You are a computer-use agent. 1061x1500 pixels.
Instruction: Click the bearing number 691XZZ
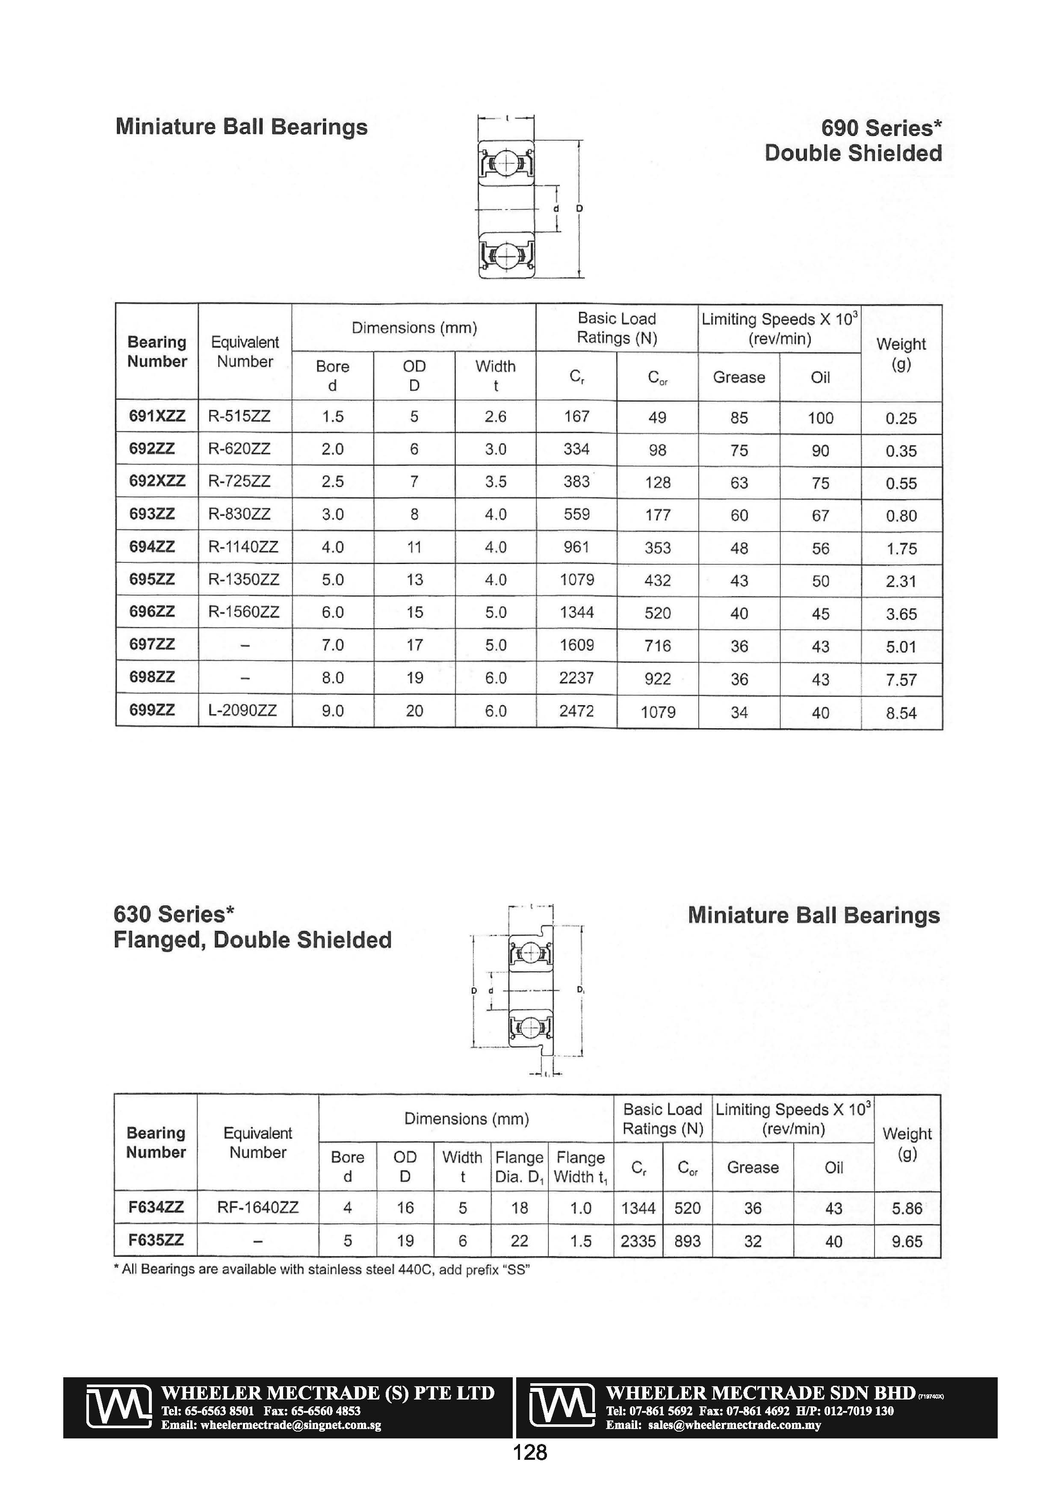tap(157, 416)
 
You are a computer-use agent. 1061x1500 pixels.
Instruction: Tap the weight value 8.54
tap(901, 713)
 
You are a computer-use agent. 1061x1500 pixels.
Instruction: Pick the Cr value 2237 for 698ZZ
tap(576, 677)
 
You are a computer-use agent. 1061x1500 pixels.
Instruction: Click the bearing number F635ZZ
tap(156, 1240)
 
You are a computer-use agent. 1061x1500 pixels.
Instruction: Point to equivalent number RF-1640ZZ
tap(257, 1208)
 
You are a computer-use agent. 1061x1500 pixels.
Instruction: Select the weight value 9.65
tap(907, 1241)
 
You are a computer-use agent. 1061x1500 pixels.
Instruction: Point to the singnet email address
tap(271, 1425)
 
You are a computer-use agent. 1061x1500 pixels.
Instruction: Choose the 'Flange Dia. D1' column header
tap(520, 1167)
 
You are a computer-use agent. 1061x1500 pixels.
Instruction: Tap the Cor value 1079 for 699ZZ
tap(657, 712)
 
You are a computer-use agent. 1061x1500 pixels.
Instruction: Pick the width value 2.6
tap(495, 416)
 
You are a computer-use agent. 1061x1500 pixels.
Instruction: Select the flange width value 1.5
tap(580, 1240)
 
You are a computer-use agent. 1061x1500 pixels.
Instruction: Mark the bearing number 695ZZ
tap(152, 579)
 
